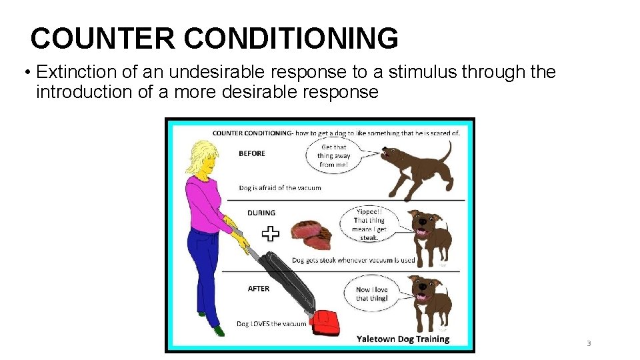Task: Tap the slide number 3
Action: click(589, 343)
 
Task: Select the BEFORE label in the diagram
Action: click(252, 153)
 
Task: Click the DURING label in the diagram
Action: click(261, 213)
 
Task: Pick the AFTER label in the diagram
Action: click(258, 289)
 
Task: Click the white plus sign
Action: click(270, 233)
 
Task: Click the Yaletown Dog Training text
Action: click(403, 339)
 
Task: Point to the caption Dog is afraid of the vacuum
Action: click(279, 188)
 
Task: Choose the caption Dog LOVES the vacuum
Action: click(271, 324)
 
